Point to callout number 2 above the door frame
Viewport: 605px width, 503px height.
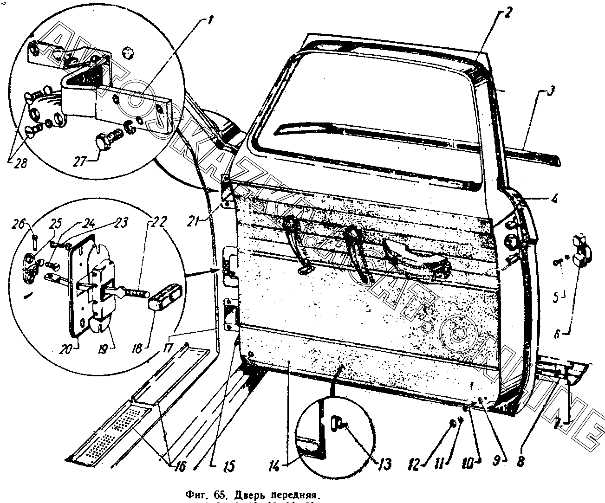(507, 13)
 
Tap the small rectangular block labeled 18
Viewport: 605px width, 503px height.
(163, 297)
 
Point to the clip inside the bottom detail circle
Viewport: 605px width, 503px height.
(338, 423)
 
